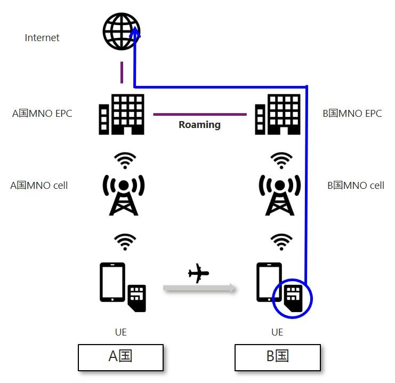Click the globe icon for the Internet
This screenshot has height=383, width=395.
121,31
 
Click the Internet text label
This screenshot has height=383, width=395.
42,38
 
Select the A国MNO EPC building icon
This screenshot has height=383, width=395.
122,114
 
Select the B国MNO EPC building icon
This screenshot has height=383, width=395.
278,114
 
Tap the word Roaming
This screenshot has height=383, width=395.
199,125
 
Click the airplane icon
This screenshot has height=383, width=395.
199,274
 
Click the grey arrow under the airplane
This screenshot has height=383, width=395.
199,289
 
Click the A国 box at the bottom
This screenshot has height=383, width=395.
120,357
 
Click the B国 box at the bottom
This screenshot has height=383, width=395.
277,357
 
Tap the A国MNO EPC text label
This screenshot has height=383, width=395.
42,114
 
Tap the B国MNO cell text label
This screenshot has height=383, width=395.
356,186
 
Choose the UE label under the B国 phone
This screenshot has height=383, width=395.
277,332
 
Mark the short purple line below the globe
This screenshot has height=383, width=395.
122,73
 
